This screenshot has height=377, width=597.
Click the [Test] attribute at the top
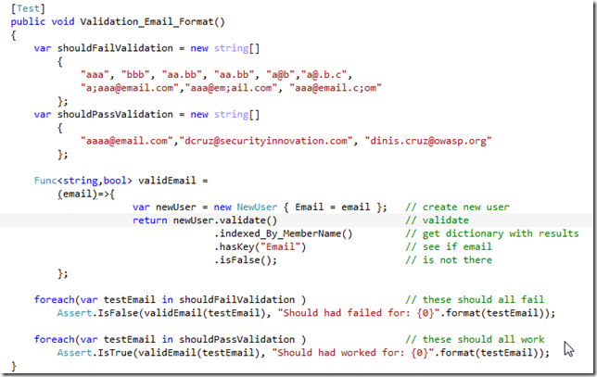click(x=28, y=8)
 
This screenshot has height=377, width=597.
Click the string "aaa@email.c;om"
click(x=336, y=88)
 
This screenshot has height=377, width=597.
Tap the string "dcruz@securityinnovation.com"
click(x=266, y=141)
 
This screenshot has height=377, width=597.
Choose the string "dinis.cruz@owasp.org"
click(x=428, y=141)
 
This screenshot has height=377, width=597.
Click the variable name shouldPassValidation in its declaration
click(x=115, y=114)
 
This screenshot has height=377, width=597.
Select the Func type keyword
click(x=45, y=181)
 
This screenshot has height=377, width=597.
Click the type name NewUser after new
click(x=257, y=207)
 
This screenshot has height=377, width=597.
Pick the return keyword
click(x=149, y=220)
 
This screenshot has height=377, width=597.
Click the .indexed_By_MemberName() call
click(x=284, y=233)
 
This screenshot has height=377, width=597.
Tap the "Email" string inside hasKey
click(x=281, y=247)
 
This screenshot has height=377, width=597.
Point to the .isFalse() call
click(x=246, y=260)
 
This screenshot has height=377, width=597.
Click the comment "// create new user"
click(x=457, y=207)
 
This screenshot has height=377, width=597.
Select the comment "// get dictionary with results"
click(x=492, y=233)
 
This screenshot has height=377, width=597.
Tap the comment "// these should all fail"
click(x=475, y=300)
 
